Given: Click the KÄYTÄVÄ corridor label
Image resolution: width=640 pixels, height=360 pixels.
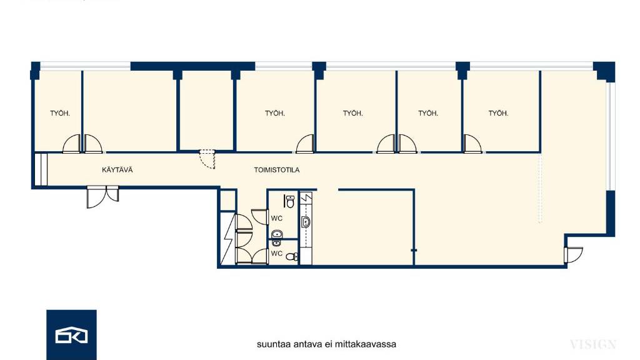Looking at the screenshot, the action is [117, 170].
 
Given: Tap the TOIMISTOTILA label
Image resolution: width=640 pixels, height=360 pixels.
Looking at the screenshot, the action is [277, 170].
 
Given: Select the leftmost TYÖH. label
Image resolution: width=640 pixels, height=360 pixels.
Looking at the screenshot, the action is [60, 114].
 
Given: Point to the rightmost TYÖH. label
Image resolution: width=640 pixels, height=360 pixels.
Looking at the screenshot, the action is [498, 113].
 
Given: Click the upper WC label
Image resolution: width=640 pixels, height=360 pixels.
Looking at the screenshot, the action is [277, 218].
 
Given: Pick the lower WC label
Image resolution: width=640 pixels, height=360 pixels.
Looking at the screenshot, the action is [277, 254].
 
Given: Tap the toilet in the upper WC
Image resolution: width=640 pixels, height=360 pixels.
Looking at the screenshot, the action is [289, 201].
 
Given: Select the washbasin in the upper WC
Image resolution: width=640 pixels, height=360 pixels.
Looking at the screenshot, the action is [277, 234].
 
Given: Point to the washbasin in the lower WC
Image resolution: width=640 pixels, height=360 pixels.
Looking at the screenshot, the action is [277, 243].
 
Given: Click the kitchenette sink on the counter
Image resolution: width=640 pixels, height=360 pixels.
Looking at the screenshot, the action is [306, 222].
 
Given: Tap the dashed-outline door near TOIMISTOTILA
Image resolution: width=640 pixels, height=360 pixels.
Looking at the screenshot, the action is [207, 159].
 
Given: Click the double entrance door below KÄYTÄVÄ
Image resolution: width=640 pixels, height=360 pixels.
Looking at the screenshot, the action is [102, 197].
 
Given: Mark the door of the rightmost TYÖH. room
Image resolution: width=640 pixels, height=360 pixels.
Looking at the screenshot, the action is [472, 144].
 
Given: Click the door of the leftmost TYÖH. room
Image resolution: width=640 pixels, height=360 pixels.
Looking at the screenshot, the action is [72, 144].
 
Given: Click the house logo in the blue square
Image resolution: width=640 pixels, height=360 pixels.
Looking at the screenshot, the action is [71, 335].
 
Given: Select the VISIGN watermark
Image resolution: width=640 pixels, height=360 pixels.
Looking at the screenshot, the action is [592, 344].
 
